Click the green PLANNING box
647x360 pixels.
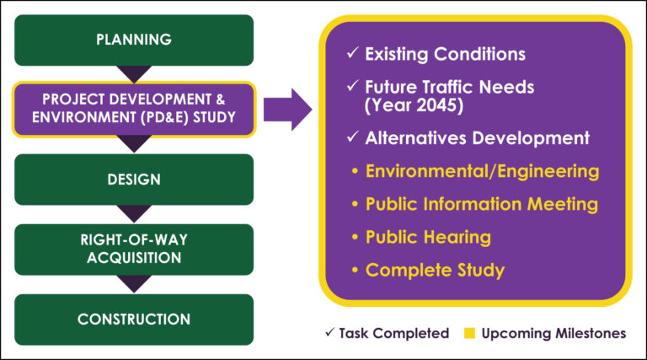[x=134, y=40]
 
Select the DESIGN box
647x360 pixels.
[x=134, y=180]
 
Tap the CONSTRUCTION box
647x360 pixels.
[x=134, y=320]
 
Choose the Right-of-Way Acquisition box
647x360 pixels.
[x=134, y=250]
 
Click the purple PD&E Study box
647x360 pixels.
[x=134, y=110]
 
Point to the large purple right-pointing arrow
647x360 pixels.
[x=287, y=110]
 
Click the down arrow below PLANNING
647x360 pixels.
[x=134, y=74]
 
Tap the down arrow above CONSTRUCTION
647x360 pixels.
[x=134, y=284]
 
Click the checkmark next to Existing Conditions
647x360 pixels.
[x=352, y=52]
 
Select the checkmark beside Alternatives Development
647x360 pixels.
[x=352, y=137]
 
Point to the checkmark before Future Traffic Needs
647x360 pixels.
[x=352, y=85]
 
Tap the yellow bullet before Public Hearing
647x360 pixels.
[x=355, y=237]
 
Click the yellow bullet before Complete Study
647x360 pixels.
[x=355, y=270]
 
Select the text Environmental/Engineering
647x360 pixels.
[x=483, y=172]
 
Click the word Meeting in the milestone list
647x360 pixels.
[x=563, y=204]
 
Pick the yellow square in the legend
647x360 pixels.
[x=469, y=333]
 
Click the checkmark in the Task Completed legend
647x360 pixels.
[x=329, y=332]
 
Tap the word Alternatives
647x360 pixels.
[x=415, y=138]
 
